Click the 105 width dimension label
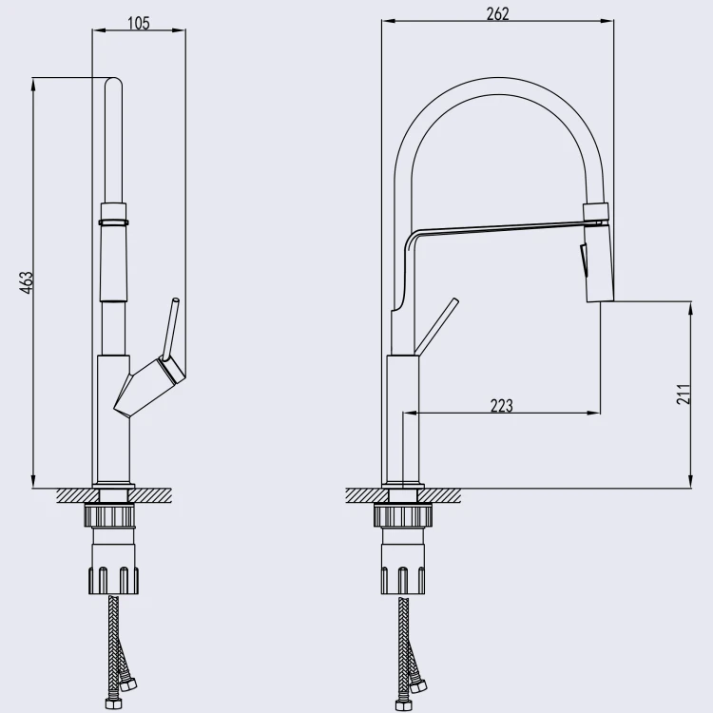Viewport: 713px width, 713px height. pyautogui.click(x=139, y=23)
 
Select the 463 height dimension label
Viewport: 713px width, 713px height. pyautogui.click(x=28, y=282)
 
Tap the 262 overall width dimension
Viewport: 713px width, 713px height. pyautogui.click(x=497, y=14)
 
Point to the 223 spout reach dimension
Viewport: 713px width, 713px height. pyautogui.click(x=502, y=405)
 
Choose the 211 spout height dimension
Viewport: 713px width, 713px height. pyautogui.click(x=684, y=394)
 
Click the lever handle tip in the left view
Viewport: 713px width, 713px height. pyautogui.click(x=175, y=301)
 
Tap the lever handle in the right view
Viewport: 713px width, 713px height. pyautogui.click(x=437, y=325)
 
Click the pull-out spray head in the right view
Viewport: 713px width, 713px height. pyautogui.click(x=598, y=252)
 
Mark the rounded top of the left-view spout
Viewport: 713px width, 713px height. pyautogui.click(x=114, y=82)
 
